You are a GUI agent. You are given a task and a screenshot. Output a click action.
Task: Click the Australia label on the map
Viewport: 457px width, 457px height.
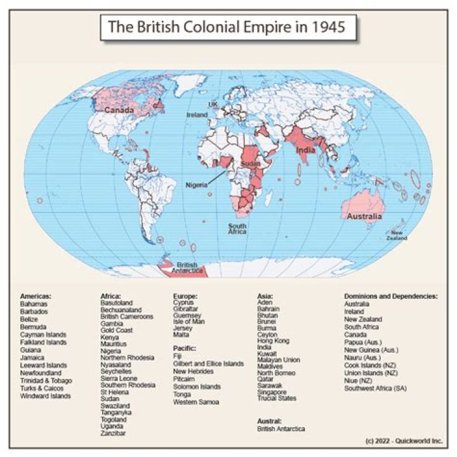[x=364, y=217]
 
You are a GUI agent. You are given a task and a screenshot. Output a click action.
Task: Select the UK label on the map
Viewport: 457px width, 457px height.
[x=213, y=104]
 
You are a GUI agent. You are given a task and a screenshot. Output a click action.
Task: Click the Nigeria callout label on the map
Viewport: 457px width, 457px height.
[x=196, y=185]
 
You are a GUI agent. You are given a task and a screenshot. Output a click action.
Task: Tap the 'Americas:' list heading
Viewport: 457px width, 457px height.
[x=36, y=296]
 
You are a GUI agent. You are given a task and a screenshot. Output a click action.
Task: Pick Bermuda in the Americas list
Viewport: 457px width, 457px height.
[x=33, y=326]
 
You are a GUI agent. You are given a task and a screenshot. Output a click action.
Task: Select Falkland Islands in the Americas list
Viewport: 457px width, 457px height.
[x=43, y=342]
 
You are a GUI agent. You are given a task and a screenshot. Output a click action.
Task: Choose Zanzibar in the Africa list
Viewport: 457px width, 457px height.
[x=114, y=434]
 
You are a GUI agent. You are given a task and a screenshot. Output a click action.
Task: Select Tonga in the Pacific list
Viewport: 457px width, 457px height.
[x=183, y=394]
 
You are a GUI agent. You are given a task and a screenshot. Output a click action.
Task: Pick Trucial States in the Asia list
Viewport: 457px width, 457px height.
[x=277, y=399]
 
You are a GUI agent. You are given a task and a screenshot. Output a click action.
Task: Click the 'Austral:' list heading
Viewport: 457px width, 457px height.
[x=269, y=421]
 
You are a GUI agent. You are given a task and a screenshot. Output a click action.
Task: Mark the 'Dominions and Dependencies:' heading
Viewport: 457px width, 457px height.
[x=390, y=296]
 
